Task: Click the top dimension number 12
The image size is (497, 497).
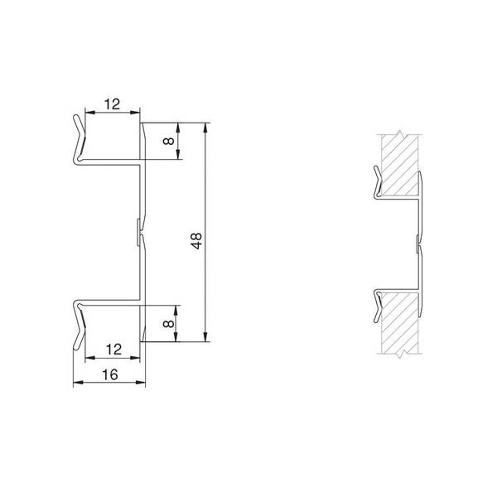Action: (x=112, y=104)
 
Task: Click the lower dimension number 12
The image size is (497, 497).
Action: (x=113, y=350)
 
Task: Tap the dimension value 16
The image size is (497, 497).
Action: (x=110, y=374)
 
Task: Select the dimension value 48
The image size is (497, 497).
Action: (x=196, y=241)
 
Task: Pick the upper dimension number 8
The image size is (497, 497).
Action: (x=168, y=141)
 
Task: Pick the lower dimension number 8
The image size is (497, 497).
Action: (x=168, y=324)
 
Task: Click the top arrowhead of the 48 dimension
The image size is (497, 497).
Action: (x=205, y=128)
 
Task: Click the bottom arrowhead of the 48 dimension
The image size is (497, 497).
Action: (x=205, y=336)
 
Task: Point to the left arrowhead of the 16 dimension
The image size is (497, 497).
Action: (x=79, y=382)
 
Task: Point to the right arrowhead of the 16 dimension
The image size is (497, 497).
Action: (x=141, y=382)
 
